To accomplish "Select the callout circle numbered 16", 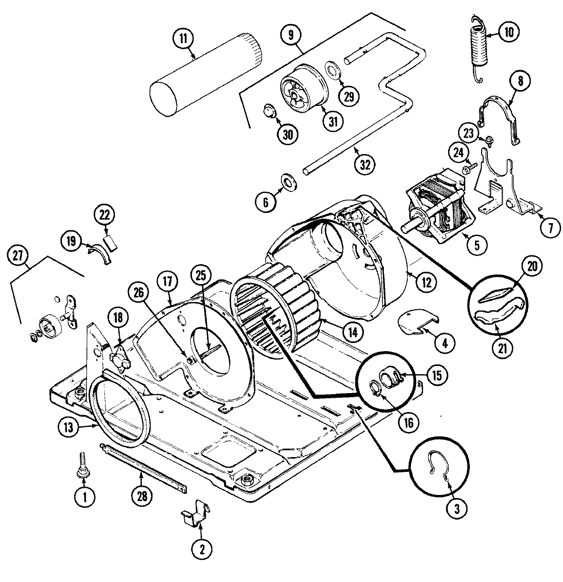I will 407,422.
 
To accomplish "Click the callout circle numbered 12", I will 426,281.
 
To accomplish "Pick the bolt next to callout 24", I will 469,166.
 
